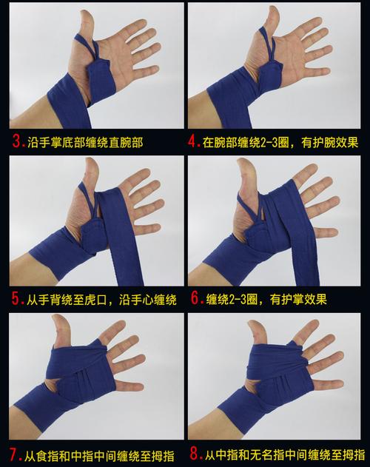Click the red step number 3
[x=17, y=141]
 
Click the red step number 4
[x=192, y=141]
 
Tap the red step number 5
[x=16, y=298]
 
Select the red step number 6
[x=195, y=298]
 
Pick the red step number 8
[x=195, y=454]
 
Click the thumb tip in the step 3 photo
[x=86, y=13]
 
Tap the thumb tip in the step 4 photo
[x=273, y=10]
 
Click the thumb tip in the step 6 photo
[x=242, y=162]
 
